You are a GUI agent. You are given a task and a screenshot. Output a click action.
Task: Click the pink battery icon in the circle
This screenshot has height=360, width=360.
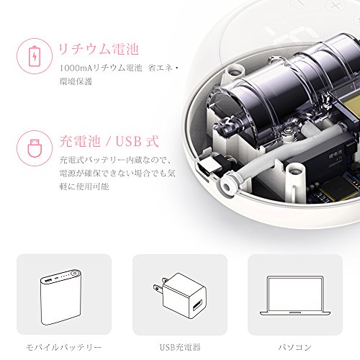pyautogui.click(x=35, y=56)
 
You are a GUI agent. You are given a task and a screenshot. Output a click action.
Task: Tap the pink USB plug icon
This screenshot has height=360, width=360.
pyautogui.click(x=35, y=148)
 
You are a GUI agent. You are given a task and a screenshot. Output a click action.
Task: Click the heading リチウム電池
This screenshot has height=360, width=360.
pyautogui.click(x=99, y=49)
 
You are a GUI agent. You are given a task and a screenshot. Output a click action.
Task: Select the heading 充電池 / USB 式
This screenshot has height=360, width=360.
pyautogui.click(x=109, y=141)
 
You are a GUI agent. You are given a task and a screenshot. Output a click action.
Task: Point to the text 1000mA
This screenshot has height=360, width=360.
pyautogui.click(x=76, y=68)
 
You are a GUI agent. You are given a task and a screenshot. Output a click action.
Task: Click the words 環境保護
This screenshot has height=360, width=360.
pyautogui.click(x=76, y=81)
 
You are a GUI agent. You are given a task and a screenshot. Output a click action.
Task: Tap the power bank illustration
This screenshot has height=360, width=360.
pyautogui.click(x=61, y=297)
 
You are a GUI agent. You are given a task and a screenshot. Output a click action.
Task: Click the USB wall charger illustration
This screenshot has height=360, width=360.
pyautogui.click(x=180, y=296)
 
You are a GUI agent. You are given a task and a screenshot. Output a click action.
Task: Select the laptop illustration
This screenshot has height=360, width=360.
pyautogui.click(x=295, y=296)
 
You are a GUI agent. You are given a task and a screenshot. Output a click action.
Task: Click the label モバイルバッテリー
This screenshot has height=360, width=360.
pyautogui.click(x=64, y=347)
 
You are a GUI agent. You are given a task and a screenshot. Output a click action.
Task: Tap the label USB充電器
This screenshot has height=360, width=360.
pyautogui.click(x=180, y=347)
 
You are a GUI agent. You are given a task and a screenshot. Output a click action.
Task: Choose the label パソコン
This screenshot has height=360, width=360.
pyautogui.click(x=295, y=347)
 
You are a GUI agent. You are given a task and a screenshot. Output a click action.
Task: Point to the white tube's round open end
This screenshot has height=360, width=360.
pyautogui.click(x=226, y=186)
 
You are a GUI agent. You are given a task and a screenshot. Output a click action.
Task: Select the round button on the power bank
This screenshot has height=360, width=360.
pyautogui.click(x=76, y=273)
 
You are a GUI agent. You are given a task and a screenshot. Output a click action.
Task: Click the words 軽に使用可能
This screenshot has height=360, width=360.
pyautogui.click(x=84, y=186)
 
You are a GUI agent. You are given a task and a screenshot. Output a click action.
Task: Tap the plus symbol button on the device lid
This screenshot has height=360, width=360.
pyautogui.click(x=335, y=5)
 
